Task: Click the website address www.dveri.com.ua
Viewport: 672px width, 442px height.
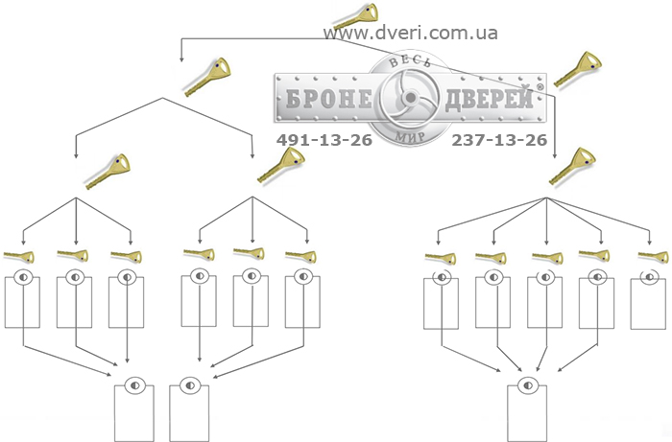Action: [411, 33]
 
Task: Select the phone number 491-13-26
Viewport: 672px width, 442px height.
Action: [324, 140]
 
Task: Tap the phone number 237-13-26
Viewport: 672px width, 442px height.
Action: [499, 140]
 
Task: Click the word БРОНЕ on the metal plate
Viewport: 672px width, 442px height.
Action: [328, 99]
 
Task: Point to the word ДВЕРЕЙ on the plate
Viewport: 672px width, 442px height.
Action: [490, 98]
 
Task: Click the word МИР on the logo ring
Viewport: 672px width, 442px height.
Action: [410, 136]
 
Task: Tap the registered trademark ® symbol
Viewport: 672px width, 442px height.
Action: [540, 87]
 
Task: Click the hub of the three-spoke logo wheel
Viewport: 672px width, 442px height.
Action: [411, 98]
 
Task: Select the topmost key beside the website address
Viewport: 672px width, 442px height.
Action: [356, 16]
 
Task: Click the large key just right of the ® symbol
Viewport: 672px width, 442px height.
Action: [578, 69]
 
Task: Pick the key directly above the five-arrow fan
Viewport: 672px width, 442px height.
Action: [572, 166]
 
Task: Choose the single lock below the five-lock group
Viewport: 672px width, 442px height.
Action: [527, 408]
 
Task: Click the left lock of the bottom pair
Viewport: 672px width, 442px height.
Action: [134, 408]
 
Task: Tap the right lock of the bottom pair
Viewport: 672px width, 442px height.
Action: [189, 408]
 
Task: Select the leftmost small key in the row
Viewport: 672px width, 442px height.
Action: [19, 257]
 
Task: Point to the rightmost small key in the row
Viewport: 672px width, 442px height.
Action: [653, 257]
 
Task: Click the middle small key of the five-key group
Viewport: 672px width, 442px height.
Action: [547, 257]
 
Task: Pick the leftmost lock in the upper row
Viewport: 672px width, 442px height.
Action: [22, 298]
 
